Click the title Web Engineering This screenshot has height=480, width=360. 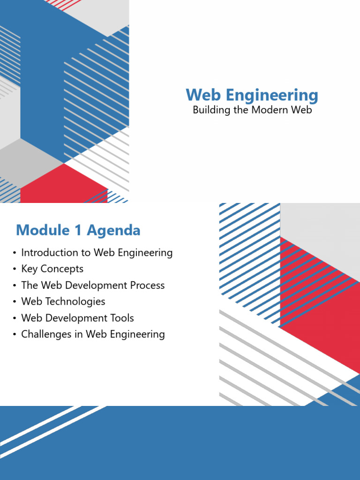tap(252, 95)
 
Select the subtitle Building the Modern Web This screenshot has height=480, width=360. tap(252, 111)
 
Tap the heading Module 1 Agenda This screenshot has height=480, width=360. tap(78, 230)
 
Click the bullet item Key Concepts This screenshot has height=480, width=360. tap(52, 269)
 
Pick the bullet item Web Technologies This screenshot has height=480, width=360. tap(63, 301)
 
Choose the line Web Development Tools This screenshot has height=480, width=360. tap(77, 318)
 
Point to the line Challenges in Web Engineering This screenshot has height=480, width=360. tap(93, 334)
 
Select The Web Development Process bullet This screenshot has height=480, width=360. tap(93, 285)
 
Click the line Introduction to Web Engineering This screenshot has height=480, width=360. tap(97, 253)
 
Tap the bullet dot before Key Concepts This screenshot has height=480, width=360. tap(15, 270)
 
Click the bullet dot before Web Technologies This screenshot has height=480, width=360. tap(15, 302)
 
